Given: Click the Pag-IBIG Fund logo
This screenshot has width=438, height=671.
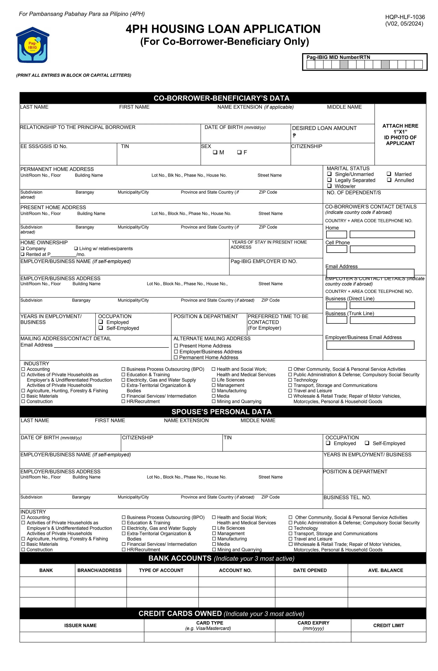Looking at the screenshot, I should point(33,45).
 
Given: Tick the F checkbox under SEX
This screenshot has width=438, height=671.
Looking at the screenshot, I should point(239,152).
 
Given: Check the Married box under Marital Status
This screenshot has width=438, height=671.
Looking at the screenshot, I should point(389,174).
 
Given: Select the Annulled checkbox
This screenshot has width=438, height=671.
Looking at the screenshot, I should point(389,180).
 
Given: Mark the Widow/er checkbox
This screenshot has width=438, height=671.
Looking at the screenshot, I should point(329,186).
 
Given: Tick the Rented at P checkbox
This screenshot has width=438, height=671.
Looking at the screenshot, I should point(22,254).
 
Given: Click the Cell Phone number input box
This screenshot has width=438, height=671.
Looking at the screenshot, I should point(382,249).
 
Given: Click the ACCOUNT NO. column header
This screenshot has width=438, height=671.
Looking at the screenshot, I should point(235,570).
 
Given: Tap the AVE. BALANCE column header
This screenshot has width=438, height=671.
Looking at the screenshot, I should point(385,570).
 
